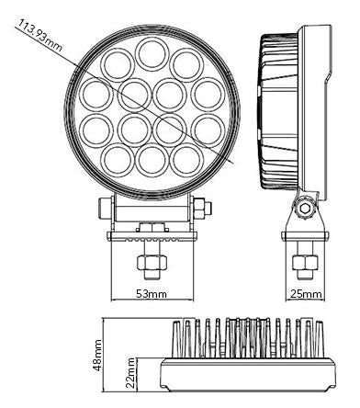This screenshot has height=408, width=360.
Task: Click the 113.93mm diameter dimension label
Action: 39,35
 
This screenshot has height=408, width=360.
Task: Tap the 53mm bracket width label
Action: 152,294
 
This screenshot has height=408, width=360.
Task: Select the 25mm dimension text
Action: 306,294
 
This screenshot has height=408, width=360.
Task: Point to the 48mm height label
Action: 97,356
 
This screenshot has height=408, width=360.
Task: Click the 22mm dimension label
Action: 130,373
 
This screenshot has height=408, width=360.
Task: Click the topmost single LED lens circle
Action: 152,53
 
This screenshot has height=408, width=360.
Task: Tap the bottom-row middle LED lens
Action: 152,161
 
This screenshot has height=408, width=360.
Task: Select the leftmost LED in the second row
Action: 96,94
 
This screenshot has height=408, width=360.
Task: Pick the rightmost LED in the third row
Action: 208,130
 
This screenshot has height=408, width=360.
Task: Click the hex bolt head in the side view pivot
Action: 305,209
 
